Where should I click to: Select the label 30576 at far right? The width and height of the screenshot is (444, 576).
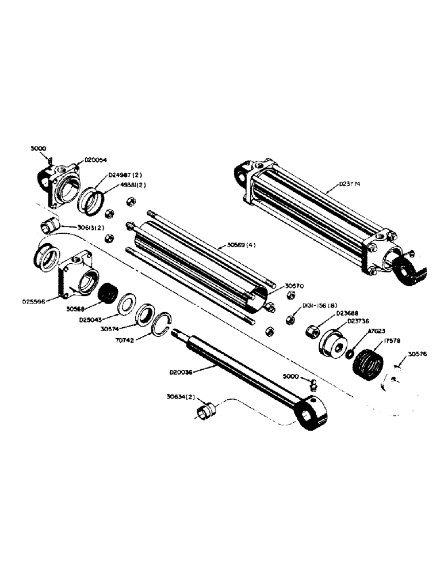click(419, 354)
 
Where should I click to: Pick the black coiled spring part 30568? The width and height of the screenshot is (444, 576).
click(108, 294)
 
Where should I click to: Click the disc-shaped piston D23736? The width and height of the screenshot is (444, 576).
click(332, 346)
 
